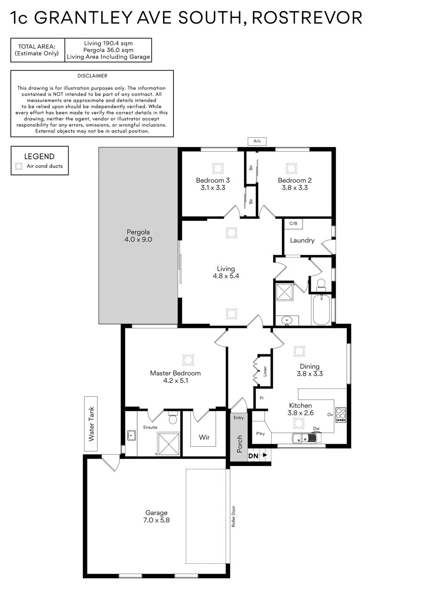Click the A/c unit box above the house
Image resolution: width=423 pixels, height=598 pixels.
click(257, 141)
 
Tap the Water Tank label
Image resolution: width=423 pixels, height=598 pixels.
click(91, 424)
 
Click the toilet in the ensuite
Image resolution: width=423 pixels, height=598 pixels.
click(173, 419)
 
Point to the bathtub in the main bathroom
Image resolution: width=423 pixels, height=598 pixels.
click(321, 310)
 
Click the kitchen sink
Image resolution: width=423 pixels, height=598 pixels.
click(304, 438)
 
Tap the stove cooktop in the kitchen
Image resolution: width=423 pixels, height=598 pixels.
click(340, 415)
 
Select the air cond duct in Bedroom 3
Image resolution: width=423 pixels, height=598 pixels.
click(217, 169)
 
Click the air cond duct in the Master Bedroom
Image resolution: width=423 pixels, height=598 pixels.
click(188, 360)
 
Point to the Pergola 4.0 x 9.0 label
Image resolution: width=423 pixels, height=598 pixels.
click(138, 236)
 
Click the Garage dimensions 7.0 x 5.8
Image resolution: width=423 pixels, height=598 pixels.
click(157, 520)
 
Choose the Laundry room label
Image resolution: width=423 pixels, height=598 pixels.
click(302, 241)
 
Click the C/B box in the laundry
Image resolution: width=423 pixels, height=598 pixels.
click(293, 224)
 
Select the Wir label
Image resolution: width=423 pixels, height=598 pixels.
click(204, 437)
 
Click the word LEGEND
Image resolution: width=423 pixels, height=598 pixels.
click(39, 156)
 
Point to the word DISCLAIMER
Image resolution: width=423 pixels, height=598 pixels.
click(93, 76)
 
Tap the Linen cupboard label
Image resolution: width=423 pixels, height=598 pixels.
click(265, 371)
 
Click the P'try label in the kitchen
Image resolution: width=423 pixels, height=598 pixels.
click(260, 434)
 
